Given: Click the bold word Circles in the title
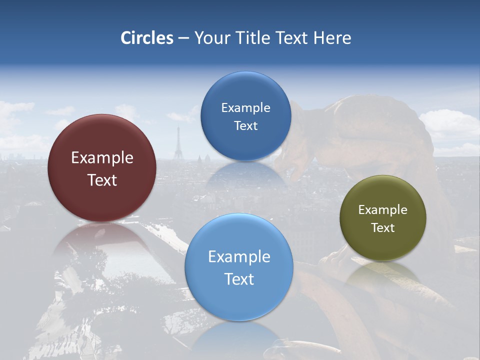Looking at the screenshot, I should [x=146, y=38].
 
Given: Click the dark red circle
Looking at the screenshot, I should [x=102, y=168].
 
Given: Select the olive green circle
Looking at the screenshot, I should [x=382, y=218].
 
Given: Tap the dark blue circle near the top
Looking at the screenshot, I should [x=245, y=116].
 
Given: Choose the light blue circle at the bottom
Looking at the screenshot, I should [x=239, y=267].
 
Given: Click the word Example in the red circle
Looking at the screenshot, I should [x=102, y=157].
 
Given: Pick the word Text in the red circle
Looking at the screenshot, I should [x=102, y=180].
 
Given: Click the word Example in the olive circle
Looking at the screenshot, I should [x=382, y=210].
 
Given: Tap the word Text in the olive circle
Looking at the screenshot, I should [x=382, y=228].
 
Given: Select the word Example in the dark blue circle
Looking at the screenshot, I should [x=245, y=108].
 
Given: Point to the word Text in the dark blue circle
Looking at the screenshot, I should [x=245, y=126].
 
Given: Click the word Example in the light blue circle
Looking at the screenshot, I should [x=239, y=256].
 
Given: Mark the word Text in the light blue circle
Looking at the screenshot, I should [x=239, y=279].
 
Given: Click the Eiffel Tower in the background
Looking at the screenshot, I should [x=177, y=145].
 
